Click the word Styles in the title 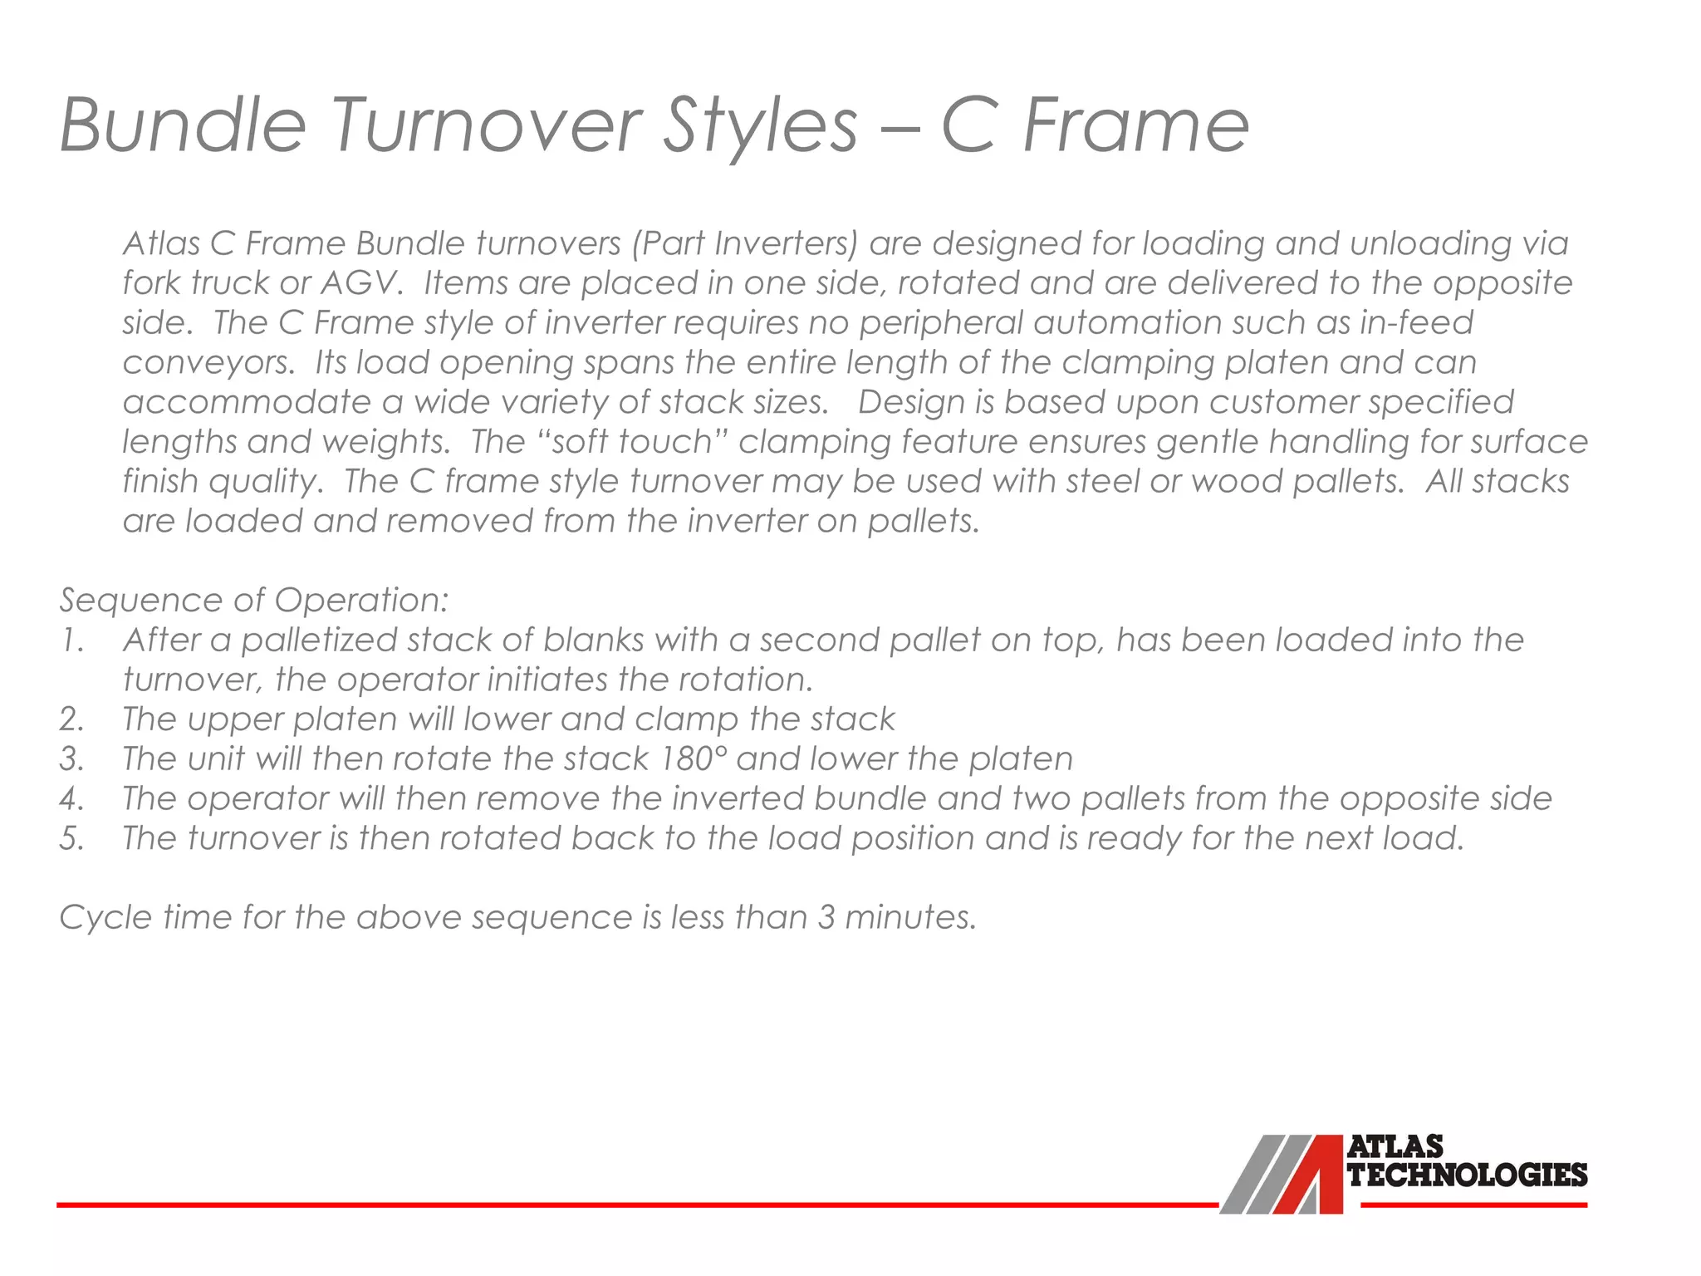[x=760, y=126]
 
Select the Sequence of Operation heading [x=254, y=600]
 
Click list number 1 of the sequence [x=72, y=640]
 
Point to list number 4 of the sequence [x=72, y=799]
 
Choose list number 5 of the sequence [x=72, y=838]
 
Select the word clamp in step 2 [x=686, y=719]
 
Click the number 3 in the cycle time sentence [x=826, y=917]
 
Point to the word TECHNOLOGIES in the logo [x=1467, y=1175]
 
